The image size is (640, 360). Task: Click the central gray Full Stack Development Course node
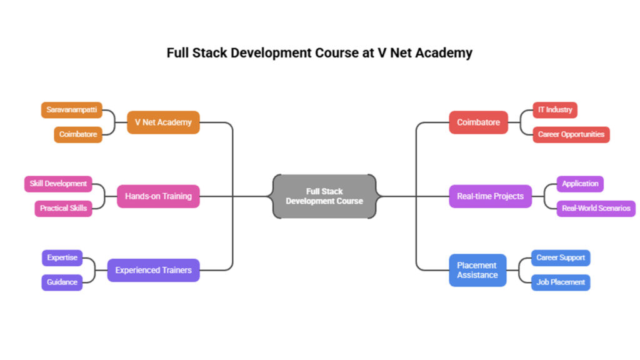click(x=324, y=196)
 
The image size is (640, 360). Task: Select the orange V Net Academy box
click(x=163, y=122)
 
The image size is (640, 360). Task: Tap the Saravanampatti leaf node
click(x=72, y=110)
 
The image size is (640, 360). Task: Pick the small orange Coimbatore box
click(x=78, y=134)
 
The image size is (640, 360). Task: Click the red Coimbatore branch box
click(x=478, y=122)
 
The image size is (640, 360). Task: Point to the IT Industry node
click(x=555, y=110)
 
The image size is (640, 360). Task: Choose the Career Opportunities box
click(x=571, y=134)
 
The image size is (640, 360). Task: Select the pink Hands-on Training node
click(x=158, y=196)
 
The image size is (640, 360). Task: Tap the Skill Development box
click(x=58, y=184)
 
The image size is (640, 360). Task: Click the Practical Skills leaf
click(x=63, y=208)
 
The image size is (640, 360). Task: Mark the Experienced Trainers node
click(x=153, y=271)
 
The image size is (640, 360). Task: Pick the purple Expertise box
click(x=62, y=257)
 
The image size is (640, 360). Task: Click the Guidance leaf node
click(x=62, y=282)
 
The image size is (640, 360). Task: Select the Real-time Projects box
click(x=490, y=196)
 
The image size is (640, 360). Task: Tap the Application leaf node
click(x=580, y=184)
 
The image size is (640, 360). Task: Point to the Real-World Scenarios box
click(x=596, y=208)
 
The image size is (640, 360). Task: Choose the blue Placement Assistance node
click(x=477, y=270)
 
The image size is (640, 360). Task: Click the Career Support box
click(x=561, y=257)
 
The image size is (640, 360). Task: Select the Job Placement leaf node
click(x=561, y=282)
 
